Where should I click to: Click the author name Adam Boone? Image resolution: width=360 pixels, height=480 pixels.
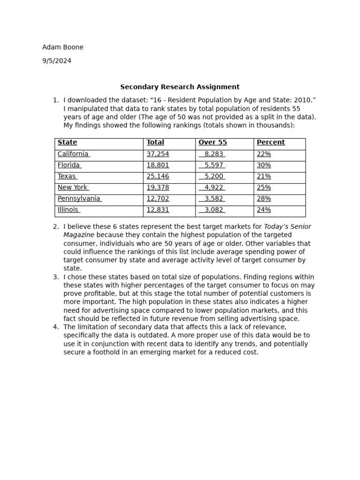tap(63, 47)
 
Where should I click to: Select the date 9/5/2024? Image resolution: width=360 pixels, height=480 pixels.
tap(57, 61)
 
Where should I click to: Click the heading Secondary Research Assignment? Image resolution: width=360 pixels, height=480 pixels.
tap(180, 87)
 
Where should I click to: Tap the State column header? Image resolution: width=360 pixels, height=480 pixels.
tap(67, 142)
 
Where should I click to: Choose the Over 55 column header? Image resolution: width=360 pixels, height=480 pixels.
tap(212, 142)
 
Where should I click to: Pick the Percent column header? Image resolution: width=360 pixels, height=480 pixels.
tap(270, 142)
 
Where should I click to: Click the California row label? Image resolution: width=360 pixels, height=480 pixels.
tap(73, 154)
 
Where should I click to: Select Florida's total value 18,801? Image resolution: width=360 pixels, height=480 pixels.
tap(157, 165)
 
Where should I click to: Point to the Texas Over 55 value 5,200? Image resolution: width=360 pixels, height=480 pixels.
tap(214, 176)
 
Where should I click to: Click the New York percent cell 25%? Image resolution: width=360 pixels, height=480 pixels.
tap(264, 187)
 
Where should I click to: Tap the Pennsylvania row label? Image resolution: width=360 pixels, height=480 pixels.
tap(79, 199)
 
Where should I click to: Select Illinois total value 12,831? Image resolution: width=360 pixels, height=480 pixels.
tap(157, 210)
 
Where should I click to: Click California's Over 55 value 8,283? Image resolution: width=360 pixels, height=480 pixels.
tap(214, 154)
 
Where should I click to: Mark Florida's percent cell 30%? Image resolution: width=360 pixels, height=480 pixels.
tap(264, 165)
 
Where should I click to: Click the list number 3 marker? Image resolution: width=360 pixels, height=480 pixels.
tap(55, 277)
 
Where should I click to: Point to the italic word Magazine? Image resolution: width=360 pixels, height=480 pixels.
tap(79, 235)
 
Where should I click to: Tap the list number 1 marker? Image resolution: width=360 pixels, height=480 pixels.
tap(55, 100)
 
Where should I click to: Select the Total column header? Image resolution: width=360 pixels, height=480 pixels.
tap(155, 142)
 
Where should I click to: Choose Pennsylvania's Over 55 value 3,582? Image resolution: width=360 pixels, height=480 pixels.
tap(214, 199)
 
